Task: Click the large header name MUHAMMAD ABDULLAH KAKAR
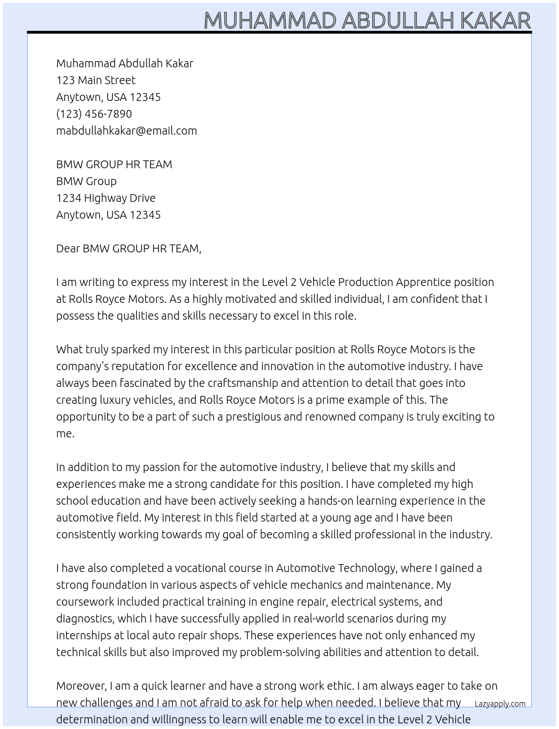tap(367, 20)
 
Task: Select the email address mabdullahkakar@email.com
tap(126, 131)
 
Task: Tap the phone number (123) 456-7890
tap(94, 114)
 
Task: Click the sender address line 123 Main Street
tap(95, 80)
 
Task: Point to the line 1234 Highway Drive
tap(106, 198)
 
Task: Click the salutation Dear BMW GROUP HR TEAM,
tap(129, 248)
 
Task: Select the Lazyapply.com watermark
tap(500, 704)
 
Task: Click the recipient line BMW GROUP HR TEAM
tap(114, 164)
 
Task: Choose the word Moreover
tap(81, 686)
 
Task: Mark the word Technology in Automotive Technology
tap(367, 568)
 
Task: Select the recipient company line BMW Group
tap(86, 181)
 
